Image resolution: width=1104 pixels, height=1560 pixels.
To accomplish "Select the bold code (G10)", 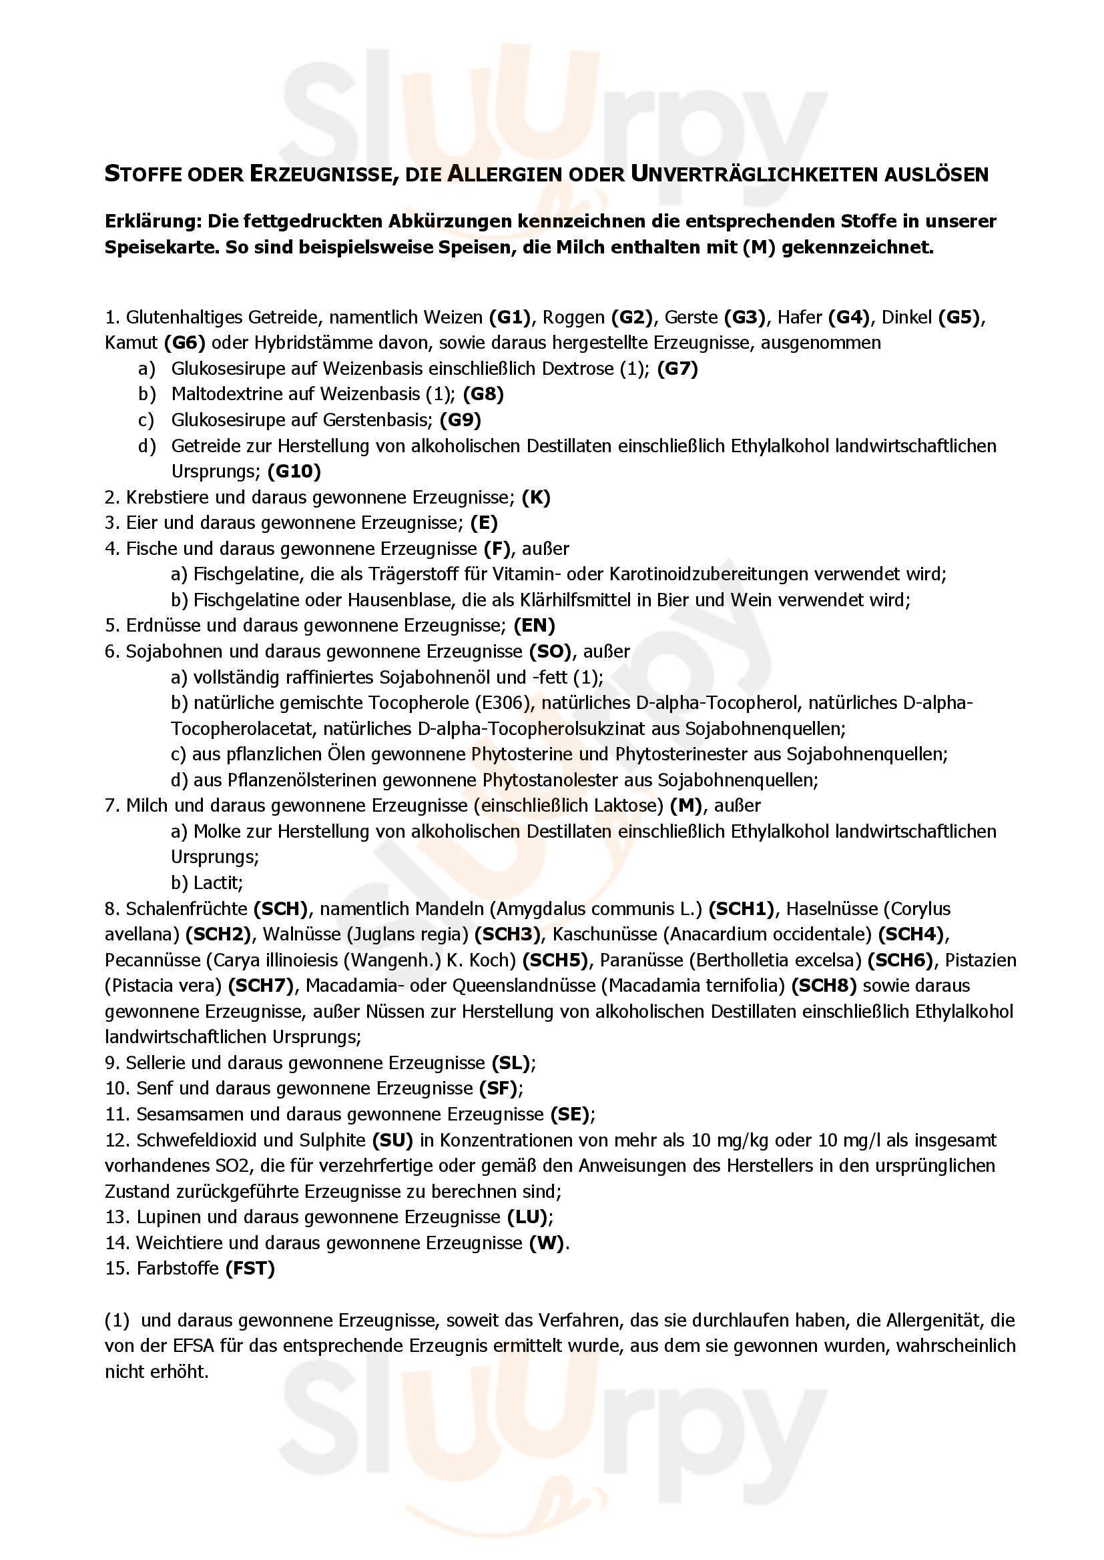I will pos(294,471).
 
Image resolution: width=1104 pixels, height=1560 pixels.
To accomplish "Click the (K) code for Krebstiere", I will pos(536,498).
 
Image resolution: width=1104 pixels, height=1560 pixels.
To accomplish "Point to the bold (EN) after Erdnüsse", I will pos(535,625).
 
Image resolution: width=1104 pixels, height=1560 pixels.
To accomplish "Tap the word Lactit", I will pos(218,882).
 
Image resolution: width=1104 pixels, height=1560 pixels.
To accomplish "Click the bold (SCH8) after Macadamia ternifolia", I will pos(824,986).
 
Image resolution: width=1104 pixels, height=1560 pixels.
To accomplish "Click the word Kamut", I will pos(131,342).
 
